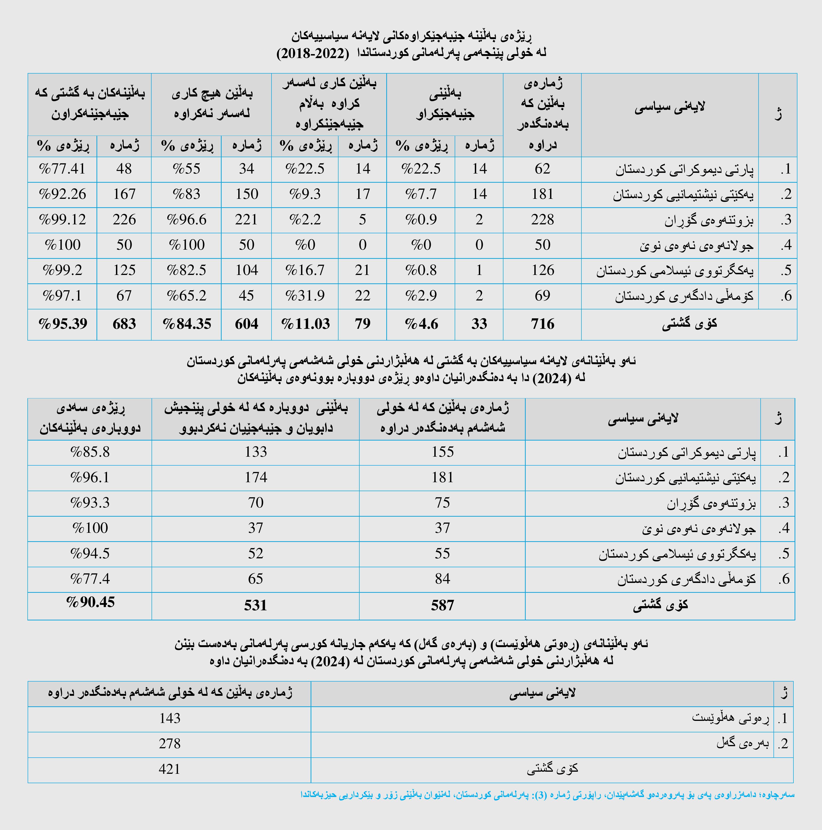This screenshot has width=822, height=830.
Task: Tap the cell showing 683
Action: (124, 324)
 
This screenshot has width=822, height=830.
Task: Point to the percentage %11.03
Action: (305, 324)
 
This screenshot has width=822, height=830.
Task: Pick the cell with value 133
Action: (256, 452)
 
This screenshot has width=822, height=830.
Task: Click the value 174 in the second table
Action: (256, 477)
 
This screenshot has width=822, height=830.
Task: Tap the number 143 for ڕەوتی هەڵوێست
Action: (169, 718)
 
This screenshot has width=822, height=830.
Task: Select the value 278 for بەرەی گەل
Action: (169, 744)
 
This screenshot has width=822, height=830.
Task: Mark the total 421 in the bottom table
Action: (169, 769)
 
